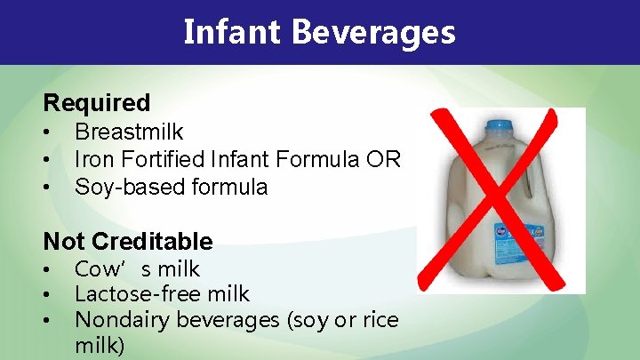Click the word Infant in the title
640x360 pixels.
232,32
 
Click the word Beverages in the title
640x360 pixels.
372,32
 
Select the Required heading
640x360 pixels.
97,103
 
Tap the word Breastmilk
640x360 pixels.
129,132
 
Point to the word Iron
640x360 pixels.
91,160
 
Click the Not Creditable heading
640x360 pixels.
128,241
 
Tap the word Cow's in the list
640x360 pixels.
106,269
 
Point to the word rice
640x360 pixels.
380,318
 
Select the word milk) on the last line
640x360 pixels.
100,343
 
